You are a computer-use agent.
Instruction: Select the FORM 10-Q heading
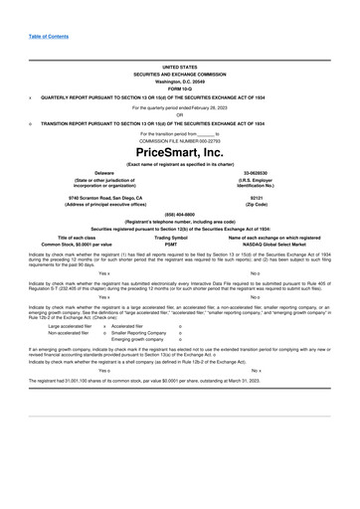(179, 87)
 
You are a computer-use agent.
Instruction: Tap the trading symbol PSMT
(179, 244)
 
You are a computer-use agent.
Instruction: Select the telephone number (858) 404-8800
(179, 215)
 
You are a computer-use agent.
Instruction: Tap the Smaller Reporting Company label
(139, 331)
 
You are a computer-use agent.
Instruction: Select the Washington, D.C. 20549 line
(179, 81)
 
